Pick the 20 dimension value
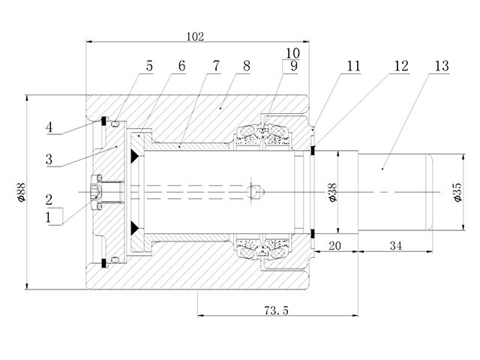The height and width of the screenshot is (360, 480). point(334,246)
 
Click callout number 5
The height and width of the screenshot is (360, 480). point(149,66)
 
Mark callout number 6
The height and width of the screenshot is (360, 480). point(181,66)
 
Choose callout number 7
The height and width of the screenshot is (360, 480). point(215,66)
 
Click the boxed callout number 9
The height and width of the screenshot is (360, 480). point(292,67)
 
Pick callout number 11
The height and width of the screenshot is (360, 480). point(353,66)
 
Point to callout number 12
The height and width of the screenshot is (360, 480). point(400,66)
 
